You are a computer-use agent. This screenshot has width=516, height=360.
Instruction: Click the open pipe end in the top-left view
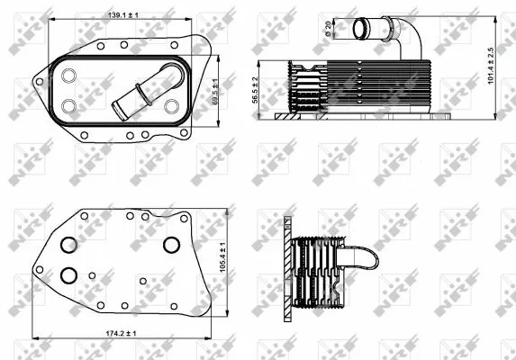pyautogui.click(x=118, y=112)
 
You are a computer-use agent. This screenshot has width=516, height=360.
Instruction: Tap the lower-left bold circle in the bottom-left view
pyautogui.click(x=69, y=275)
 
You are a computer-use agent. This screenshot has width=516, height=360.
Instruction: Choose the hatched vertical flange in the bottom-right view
pyautogui.click(x=286, y=265)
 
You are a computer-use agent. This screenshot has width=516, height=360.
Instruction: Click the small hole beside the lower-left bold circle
pyautogui.click(x=93, y=275)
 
